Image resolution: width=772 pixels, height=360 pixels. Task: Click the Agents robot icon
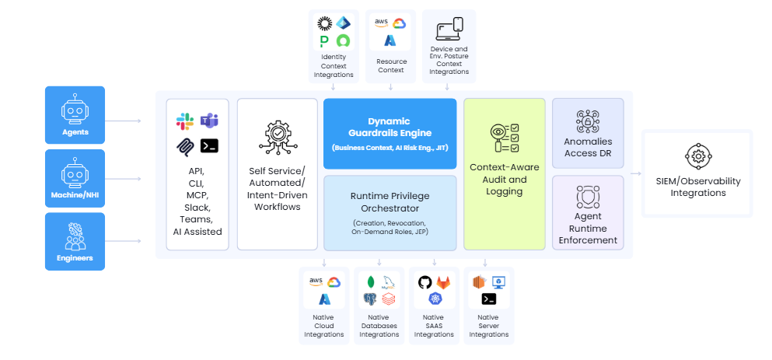(75, 111)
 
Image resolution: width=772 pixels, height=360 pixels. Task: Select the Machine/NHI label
(75, 194)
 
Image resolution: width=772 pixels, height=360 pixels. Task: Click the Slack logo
(184, 121)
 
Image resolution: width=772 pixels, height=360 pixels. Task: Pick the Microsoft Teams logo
(209, 121)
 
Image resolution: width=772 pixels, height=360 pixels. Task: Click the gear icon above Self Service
(277, 138)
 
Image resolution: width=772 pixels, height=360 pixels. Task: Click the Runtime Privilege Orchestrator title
(389, 201)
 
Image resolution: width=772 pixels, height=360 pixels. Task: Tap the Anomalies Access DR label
(588, 147)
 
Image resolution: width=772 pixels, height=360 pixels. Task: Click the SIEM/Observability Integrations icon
(697, 156)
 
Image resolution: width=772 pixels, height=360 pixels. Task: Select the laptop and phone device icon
(449, 29)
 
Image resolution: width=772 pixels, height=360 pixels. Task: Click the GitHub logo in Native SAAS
(424, 282)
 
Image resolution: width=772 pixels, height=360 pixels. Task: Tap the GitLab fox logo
(443, 282)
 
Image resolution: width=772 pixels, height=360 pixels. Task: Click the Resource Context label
(391, 65)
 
